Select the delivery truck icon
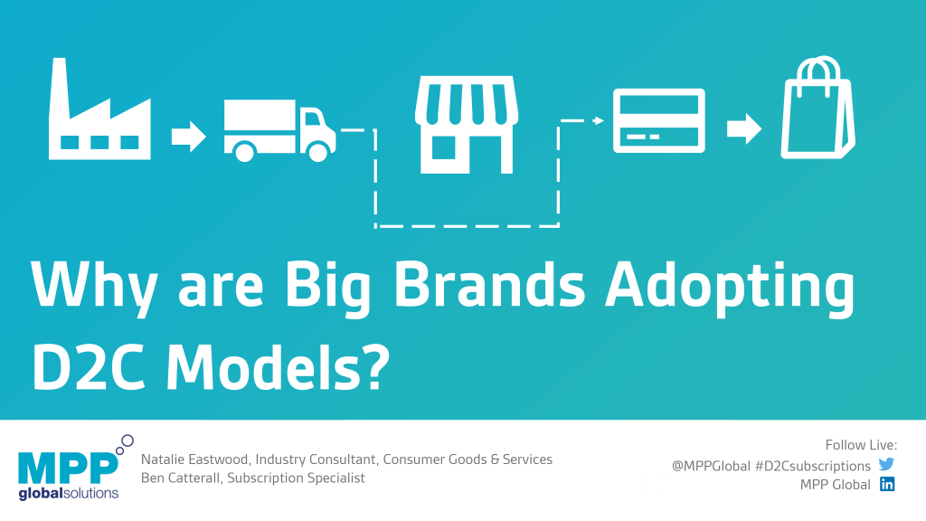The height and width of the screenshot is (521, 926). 279,130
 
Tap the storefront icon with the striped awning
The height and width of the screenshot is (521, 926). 467,125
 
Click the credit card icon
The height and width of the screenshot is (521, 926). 659,120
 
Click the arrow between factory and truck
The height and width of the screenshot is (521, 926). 188,136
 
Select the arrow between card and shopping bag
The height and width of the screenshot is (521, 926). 744,128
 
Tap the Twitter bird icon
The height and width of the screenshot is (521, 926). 886,464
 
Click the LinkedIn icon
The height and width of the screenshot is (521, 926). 887,485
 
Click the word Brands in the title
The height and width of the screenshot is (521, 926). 489,285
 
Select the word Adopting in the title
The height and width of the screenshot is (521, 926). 730,289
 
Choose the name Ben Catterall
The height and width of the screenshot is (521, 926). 180,478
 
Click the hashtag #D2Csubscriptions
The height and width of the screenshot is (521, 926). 813,466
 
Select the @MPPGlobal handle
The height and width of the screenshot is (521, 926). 711,466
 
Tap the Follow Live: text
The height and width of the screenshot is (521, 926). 861,445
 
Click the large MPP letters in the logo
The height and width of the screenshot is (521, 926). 68,469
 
